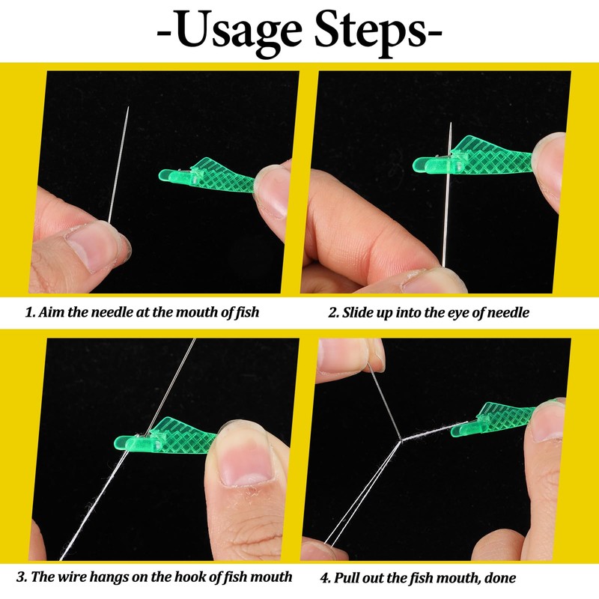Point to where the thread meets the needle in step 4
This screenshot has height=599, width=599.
coord(401,441)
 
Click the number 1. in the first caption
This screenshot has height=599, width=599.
coord(30,312)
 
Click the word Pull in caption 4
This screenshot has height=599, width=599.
coord(350,577)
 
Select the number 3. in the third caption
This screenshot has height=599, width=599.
coord(23,577)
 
